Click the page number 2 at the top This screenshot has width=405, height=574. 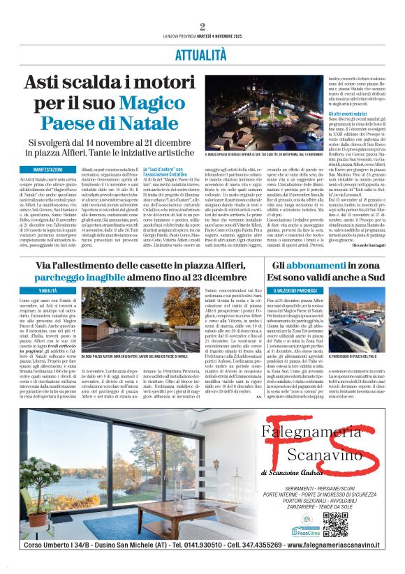(202, 27)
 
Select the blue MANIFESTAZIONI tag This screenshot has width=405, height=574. (43, 169)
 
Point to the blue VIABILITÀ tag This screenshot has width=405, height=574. (48, 289)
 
